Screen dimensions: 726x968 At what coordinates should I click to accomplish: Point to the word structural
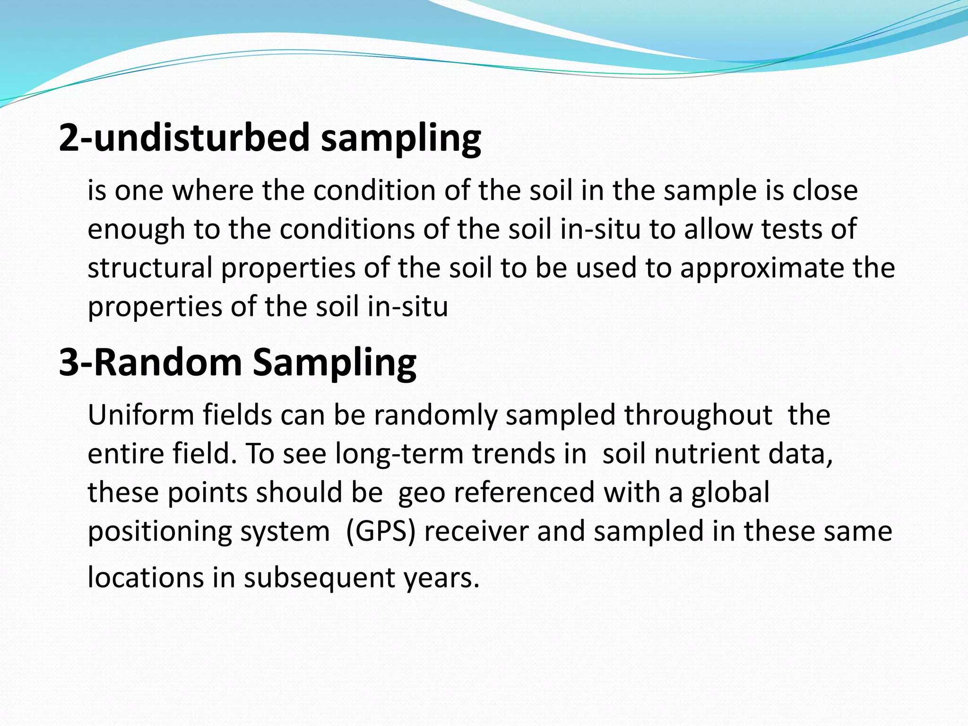pyautogui.click(x=150, y=268)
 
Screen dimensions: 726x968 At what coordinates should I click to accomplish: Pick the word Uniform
pyautogui.click(x=140, y=415)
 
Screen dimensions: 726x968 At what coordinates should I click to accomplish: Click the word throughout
pyautogui.click(x=698, y=415)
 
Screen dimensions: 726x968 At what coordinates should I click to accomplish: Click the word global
pyautogui.click(x=730, y=493)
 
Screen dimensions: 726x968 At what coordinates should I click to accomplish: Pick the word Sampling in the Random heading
pyautogui.click(x=334, y=363)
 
